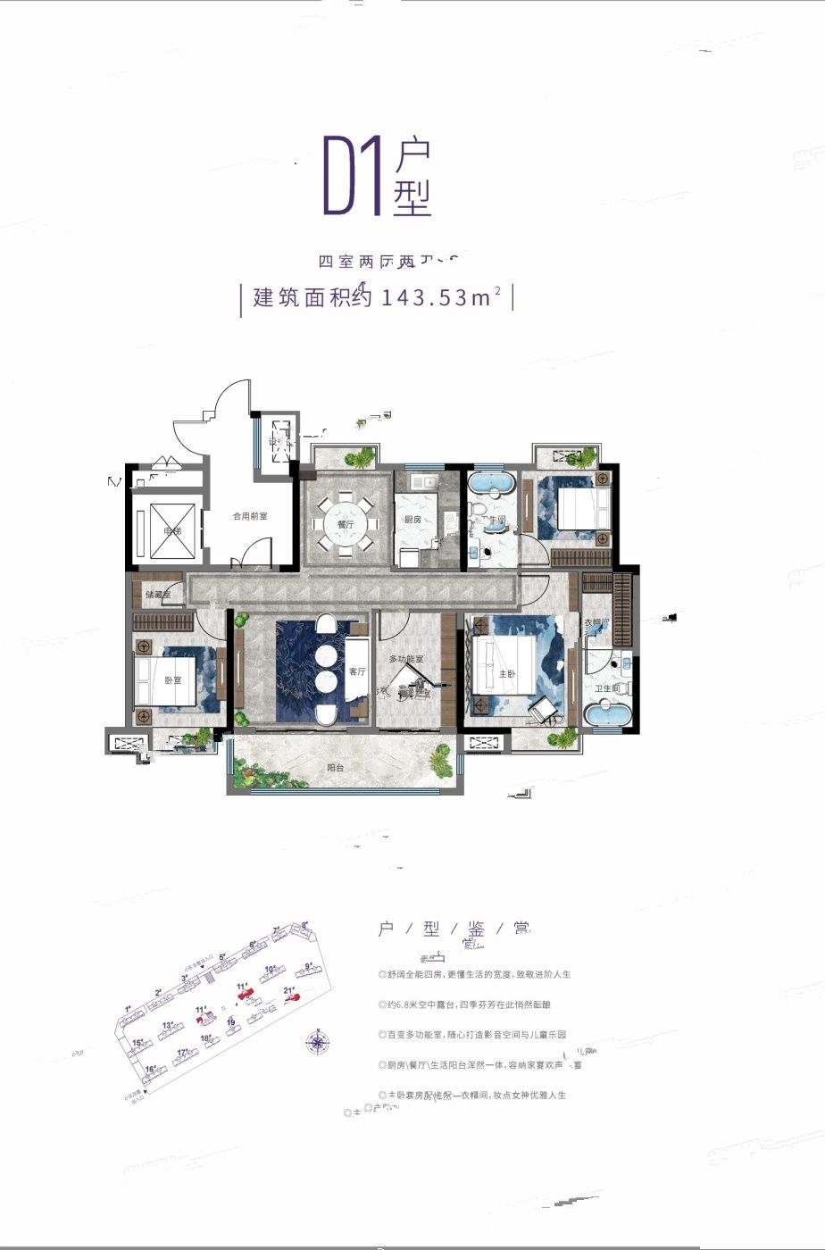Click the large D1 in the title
point(353,176)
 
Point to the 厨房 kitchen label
point(412,519)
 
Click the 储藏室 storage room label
point(162,595)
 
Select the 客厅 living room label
point(357,671)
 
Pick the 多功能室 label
point(404,658)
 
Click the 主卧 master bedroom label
point(506,674)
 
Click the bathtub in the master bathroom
point(609,715)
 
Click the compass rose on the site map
point(317,1040)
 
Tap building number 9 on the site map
point(308,966)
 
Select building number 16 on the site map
point(151,1069)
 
